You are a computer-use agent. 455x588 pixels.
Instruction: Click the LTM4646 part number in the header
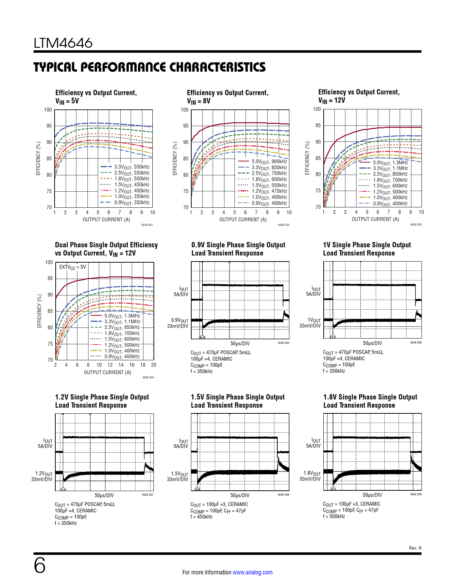(63, 43)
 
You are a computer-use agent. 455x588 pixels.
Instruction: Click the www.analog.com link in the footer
(252, 572)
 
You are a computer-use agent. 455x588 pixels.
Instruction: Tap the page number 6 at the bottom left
(40, 566)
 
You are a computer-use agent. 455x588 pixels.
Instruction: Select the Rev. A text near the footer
(415, 548)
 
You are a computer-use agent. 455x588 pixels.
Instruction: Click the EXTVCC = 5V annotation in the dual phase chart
(72, 267)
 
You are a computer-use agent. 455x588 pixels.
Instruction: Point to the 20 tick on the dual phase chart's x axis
(153, 365)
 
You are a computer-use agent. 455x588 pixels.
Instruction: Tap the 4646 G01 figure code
(147, 225)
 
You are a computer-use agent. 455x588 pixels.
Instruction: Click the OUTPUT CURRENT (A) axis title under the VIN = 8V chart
(243, 220)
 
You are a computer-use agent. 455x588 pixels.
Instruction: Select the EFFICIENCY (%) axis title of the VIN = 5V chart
(38, 159)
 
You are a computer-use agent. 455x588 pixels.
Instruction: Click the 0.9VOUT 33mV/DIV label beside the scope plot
(178, 323)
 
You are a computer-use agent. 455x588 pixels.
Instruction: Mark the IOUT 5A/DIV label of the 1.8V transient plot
(313, 443)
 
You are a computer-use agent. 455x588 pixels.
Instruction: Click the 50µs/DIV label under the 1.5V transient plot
(240, 495)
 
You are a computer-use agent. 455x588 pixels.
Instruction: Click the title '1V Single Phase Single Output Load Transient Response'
(367, 249)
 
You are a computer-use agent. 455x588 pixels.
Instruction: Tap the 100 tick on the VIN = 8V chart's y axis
(184, 110)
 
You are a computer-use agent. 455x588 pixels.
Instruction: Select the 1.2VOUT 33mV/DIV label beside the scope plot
(42, 476)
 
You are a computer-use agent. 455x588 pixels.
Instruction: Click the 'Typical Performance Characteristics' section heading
(150, 67)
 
